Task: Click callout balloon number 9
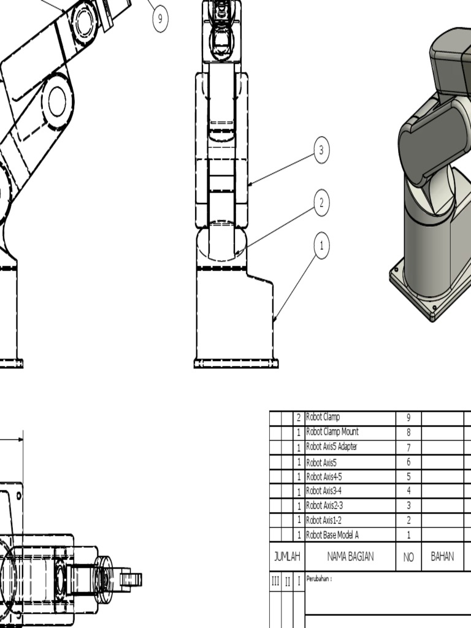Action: click(x=160, y=18)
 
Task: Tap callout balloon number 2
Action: click(x=321, y=202)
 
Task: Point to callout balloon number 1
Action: click(x=321, y=246)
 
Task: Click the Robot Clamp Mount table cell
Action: click(x=350, y=432)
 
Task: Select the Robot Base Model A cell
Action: click(x=350, y=535)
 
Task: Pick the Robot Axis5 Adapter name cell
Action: click(x=350, y=447)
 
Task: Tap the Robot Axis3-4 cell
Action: click(x=350, y=491)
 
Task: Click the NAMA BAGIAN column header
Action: click(x=350, y=557)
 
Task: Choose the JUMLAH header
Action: click(x=287, y=557)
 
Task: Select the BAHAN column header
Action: click(x=442, y=557)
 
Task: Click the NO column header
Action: click(x=408, y=557)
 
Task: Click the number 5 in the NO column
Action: click(x=408, y=477)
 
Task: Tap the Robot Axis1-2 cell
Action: click(x=350, y=520)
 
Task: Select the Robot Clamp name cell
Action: click(x=350, y=418)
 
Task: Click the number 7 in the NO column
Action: click(x=408, y=447)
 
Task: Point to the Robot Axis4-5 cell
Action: click(x=350, y=477)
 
